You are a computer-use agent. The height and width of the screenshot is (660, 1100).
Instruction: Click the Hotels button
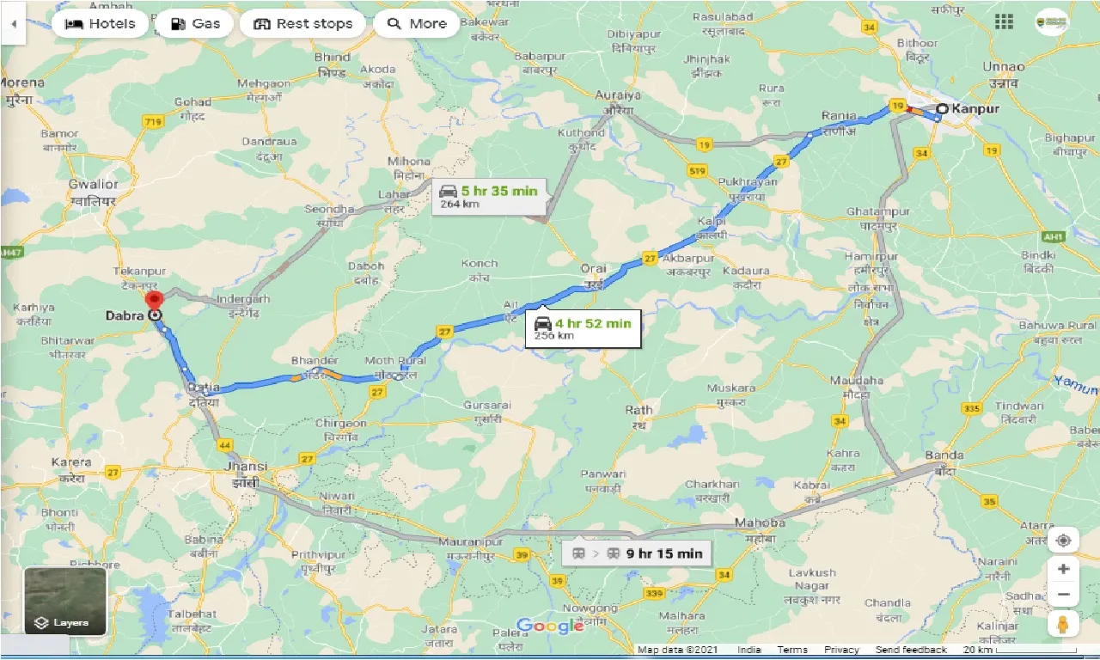[x=100, y=23]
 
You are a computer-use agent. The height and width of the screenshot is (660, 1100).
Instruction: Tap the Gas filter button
[x=194, y=23]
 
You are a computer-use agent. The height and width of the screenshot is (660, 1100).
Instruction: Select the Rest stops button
[x=303, y=23]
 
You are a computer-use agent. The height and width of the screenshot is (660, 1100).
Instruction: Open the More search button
[x=417, y=23]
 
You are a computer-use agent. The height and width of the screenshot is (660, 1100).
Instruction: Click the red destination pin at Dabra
[x=154, y=302]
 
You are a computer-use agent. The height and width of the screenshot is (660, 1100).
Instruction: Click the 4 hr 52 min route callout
[x=583, y=327]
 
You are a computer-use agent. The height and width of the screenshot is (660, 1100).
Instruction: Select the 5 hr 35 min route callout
[x=488, y=195]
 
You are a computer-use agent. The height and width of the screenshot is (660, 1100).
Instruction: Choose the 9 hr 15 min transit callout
[x=636, y=553]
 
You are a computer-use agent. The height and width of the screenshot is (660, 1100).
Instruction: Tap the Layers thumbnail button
[x=65, y=601]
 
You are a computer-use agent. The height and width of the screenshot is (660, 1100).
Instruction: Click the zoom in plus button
[x=1063, y=569]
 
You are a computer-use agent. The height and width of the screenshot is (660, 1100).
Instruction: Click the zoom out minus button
[x=1063, y=595]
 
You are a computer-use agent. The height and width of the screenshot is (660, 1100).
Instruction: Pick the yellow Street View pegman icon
[x=1063, y=625]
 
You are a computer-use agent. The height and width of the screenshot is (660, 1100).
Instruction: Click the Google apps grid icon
[x=1003, y=21]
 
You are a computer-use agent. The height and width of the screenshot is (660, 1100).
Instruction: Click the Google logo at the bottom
[x=550, y=626]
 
